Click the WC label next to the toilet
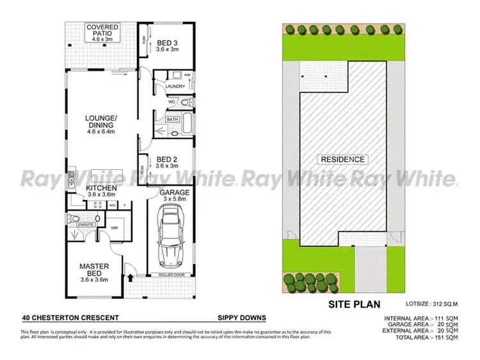point(172,102)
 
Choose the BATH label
point(172,119)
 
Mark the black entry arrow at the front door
point(131,277)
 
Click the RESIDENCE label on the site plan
point(343,160)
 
